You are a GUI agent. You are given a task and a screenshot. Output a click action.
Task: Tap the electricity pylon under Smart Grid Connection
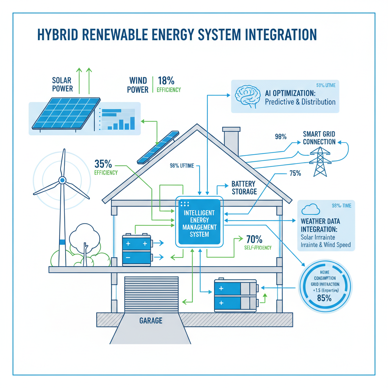coord(320,161)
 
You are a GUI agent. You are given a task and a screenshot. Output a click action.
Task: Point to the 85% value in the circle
coord(324,298)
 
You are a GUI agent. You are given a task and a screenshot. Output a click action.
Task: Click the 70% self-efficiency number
coord(254,239)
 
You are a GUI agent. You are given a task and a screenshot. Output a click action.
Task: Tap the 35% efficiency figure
coord(103,164)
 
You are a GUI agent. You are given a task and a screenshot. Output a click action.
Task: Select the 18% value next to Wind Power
coord(166,80)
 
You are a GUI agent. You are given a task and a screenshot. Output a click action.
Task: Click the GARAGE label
coord(151,321)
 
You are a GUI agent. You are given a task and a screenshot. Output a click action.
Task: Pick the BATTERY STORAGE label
coord(244,188)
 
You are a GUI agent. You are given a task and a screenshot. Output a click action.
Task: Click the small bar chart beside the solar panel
coord(117,119)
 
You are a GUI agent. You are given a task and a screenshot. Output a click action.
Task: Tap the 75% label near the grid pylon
coord(295,173)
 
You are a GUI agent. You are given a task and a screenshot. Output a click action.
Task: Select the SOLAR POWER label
coord(63,84)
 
